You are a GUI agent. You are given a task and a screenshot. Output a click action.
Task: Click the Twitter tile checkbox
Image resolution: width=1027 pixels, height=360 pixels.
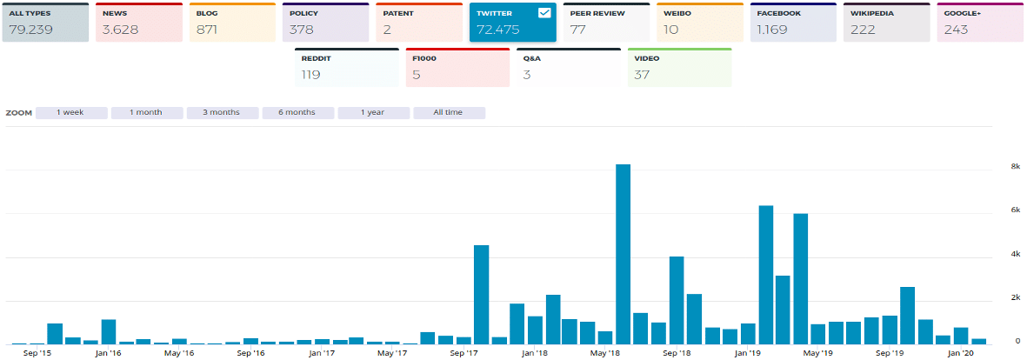(x=544, y=13)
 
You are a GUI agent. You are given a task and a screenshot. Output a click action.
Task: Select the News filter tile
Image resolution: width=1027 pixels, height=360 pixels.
(x=139, y=23)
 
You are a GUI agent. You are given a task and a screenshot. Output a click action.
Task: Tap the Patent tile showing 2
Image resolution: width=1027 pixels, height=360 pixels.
(x=419, y=23)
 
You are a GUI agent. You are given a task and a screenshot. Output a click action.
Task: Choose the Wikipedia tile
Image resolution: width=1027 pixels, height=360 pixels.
(x=887, y=23)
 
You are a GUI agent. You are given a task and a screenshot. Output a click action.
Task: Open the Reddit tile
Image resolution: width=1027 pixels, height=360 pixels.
(x=346, y=68)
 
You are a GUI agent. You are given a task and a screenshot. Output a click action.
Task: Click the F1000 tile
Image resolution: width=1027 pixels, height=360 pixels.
(x=457, y=68)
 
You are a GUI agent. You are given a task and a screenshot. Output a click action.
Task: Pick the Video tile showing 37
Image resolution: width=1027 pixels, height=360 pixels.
(x=679, y=68)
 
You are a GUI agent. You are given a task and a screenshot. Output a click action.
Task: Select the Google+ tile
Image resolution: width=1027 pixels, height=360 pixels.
(x=980, y=23)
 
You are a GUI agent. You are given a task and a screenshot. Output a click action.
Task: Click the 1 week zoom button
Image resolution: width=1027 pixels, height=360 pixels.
(x=70, y=112)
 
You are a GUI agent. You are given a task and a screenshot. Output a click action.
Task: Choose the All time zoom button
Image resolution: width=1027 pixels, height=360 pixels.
(x=449, y=112)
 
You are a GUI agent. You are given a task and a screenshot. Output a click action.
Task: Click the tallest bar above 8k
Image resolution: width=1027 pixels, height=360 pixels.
(x=623, y=252)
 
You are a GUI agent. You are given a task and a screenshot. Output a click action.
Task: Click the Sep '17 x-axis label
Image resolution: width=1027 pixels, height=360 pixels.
(x=464, y=354)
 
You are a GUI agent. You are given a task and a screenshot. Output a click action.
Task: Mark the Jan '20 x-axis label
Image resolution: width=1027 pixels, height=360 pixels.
(x=961, y=354)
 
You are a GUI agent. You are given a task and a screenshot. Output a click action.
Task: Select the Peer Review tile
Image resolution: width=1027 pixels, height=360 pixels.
(x=606, y=23)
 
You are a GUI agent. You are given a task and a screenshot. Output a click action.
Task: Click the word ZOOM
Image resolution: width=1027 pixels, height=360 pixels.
(x=19, y=113)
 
